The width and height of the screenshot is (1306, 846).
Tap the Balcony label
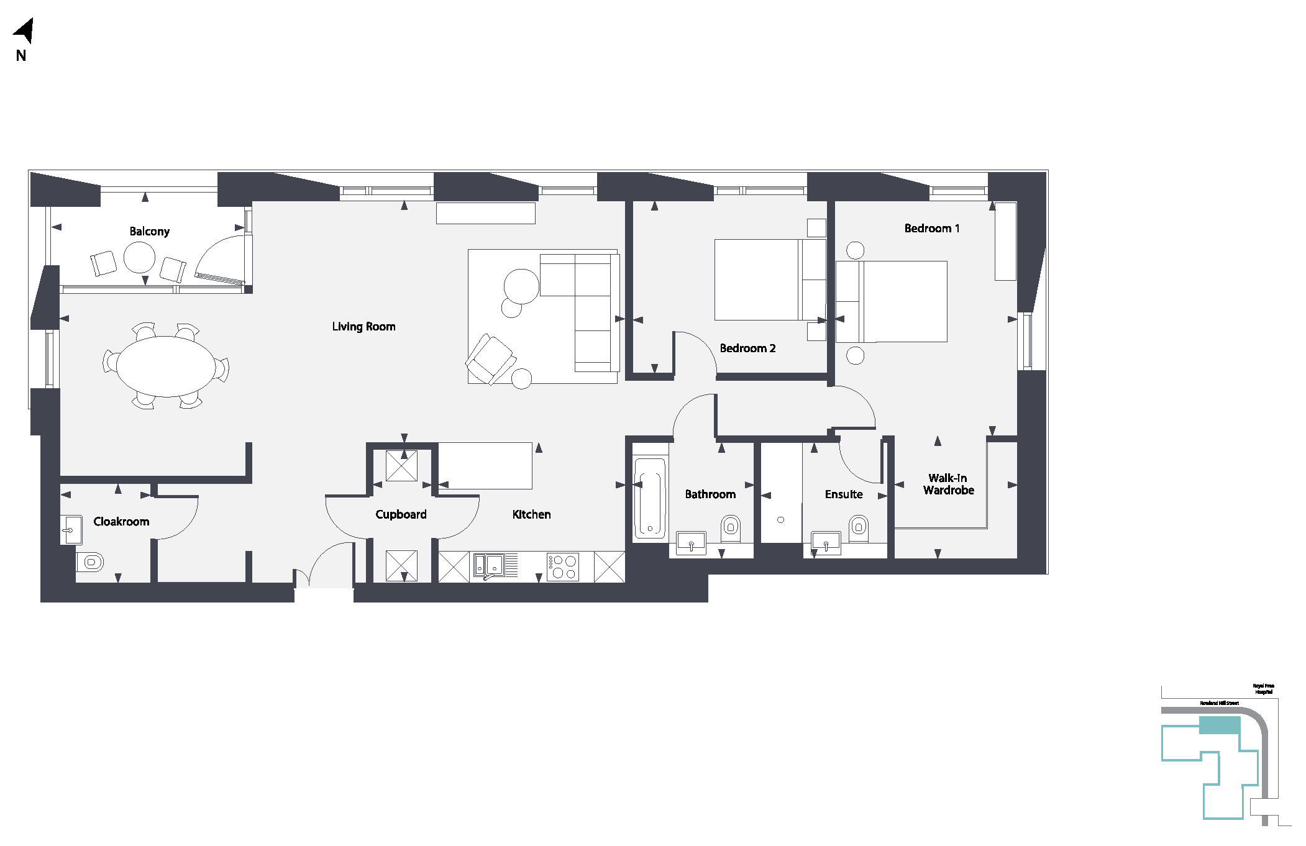point(149,231)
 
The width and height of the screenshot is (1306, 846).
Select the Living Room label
point(363,327)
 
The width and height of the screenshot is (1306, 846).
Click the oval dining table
point(166,366)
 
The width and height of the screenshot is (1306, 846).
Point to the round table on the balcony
point(139,257)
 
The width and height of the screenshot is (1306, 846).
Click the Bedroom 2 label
point(747,348)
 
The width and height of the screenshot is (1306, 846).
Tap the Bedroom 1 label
point(931,229)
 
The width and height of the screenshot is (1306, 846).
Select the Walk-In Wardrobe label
point(948,484)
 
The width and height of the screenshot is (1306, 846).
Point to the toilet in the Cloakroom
point(91,563)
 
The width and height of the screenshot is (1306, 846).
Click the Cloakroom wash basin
point(71,530)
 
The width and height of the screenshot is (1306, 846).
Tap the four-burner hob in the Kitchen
point(563,566)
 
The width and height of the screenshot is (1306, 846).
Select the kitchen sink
point(488,565)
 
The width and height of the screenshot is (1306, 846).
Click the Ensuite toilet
point(859,527)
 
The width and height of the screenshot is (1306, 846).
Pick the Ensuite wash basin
point(826,542)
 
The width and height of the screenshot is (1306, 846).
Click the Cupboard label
point(401,514)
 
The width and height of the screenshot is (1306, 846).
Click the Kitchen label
point(531,514)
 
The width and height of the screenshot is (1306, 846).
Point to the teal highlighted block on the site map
point(1219,725)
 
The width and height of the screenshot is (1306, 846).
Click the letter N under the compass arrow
point(21,56)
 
